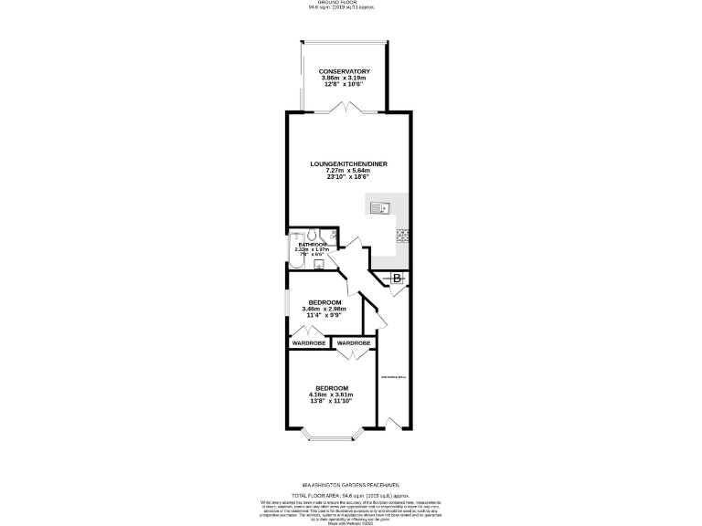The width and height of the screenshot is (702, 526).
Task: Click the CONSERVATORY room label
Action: coord(344,71)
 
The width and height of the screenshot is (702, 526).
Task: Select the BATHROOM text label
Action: coord(314,244)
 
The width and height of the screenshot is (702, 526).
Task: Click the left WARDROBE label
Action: coord(309,343)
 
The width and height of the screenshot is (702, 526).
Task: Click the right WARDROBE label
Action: coord(354,343)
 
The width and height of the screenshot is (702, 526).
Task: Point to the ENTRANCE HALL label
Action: coord(393,376)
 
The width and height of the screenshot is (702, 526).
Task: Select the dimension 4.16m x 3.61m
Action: coord(333,394)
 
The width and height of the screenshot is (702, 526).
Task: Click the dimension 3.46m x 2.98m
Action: coord(325,310)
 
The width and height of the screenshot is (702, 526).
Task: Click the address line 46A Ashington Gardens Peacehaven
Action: coord(350,485)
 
